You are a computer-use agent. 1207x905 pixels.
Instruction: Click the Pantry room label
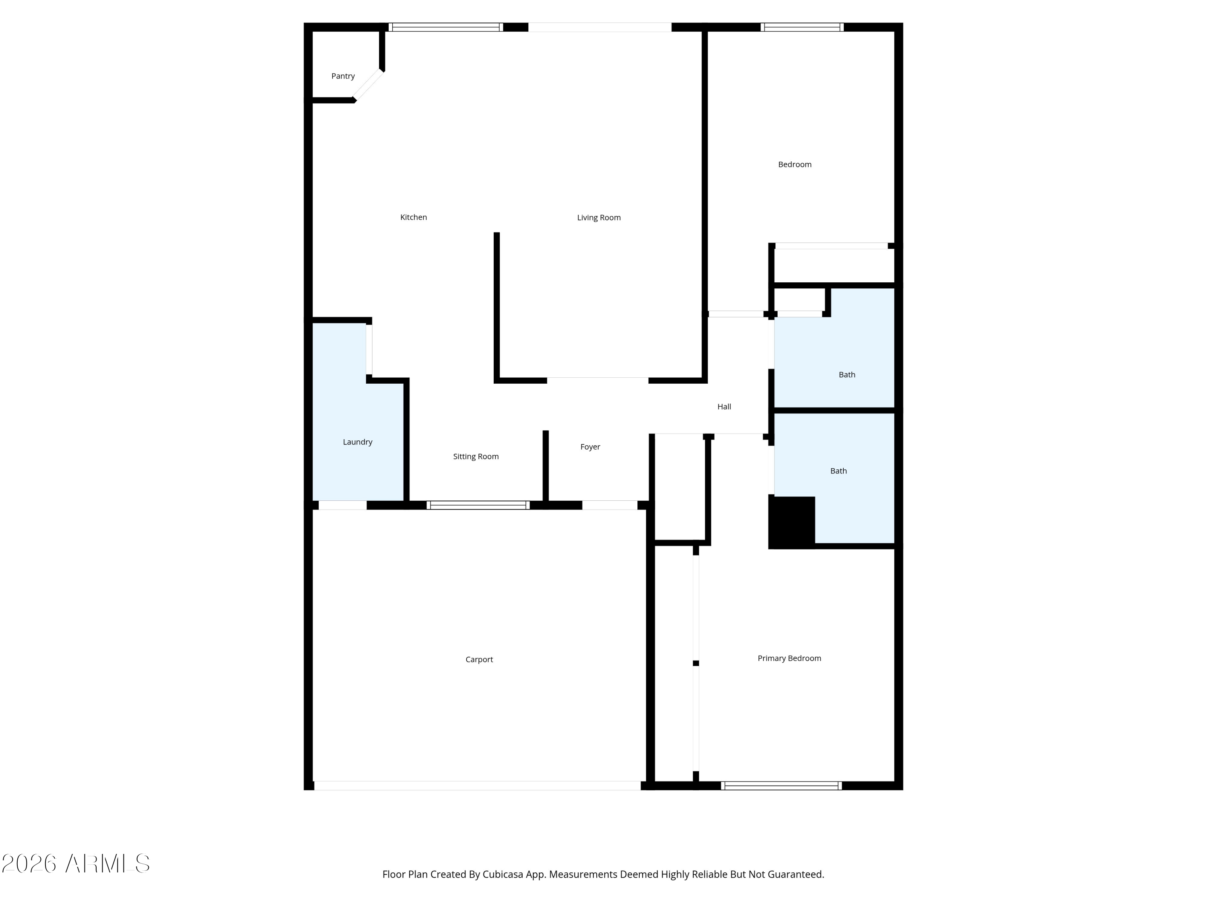[x=343, y=76]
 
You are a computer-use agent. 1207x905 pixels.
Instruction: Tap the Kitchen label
[x=414, y=217]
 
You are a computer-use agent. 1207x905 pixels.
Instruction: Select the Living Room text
[x=599, y=218]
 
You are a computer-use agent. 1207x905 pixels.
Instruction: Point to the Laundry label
[x=357, y=442]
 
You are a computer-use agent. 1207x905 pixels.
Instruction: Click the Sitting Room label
[x=476, y=457]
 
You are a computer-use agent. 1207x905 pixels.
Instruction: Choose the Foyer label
[x=590, y=447]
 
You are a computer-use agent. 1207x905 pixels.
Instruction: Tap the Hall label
[x=724, y=406]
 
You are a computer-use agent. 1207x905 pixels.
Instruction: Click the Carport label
[x=479, y=660]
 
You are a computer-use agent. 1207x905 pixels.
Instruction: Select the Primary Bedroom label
[x=789, y=658]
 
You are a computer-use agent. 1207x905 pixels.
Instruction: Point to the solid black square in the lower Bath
[x=792, y=522]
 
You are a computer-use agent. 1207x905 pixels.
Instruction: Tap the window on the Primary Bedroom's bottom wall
[x=781, y=786]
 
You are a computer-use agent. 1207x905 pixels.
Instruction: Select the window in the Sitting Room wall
[x=478, y=505]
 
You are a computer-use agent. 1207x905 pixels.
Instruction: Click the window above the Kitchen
[x=446, y=27]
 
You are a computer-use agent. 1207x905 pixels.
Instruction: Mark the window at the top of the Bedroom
[x=802, y=27]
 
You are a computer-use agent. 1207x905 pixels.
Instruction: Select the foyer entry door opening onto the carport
[x=610, y=505]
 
